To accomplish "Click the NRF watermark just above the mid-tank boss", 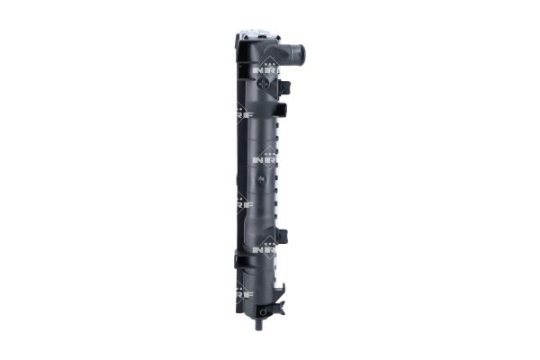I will (266, 157).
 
